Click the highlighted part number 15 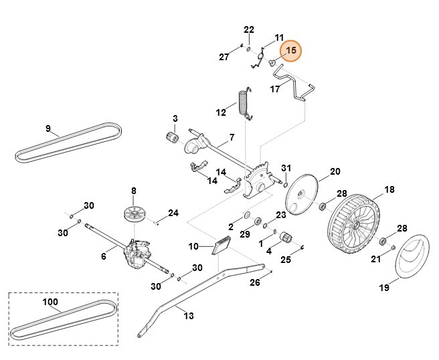click(x=290, y=51)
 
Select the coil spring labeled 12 click(x=244, y=102)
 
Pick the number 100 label click(x=50, y=302)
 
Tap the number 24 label click(x=173, y=213)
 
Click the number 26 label click(x=254, y=282)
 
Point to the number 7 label click(x=231, y=137)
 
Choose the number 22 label click(x=249, y=30)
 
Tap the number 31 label click(x=286, y=167)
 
